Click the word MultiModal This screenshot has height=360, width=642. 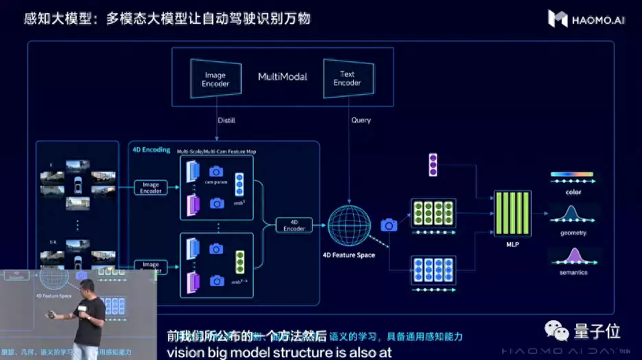[x=283, y=76]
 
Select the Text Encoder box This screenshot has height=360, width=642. [x=347, y=78]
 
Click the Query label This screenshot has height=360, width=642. [x=361, y=120]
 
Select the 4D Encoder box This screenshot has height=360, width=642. [x=294, y=226]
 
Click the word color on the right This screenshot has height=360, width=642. [x=573, y=192]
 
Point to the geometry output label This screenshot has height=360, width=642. [x=573, y=232]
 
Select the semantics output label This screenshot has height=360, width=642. [x=573, y=272]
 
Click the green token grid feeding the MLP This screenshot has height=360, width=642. [x=433, y=212]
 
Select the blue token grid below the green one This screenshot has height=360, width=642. [x=433, y=269]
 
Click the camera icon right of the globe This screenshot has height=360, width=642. [x=388, y=225]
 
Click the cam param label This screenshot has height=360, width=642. [x=216, y=182]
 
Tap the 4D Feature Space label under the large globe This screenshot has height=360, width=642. [x=348, y=255]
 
